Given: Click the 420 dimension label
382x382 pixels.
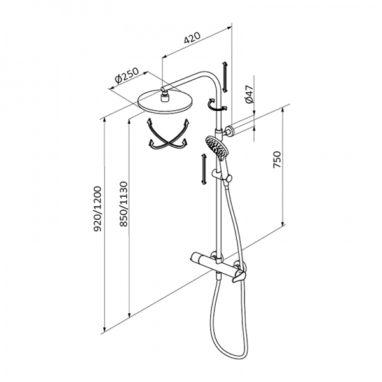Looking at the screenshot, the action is (192, 38).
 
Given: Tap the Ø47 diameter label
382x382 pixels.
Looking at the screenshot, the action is (249, 94).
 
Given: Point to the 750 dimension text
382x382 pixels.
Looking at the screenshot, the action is (277, 160).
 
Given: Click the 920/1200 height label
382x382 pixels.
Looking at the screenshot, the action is (97, 209).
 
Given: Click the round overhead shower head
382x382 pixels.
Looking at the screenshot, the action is (166, 102).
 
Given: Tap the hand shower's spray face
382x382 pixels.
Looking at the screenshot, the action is (216, 147).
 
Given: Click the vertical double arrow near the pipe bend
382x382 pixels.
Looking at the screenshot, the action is (225, 77).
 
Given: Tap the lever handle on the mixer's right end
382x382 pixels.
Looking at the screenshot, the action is (239, 276).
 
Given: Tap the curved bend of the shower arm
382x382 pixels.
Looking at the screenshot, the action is (213, 78).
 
